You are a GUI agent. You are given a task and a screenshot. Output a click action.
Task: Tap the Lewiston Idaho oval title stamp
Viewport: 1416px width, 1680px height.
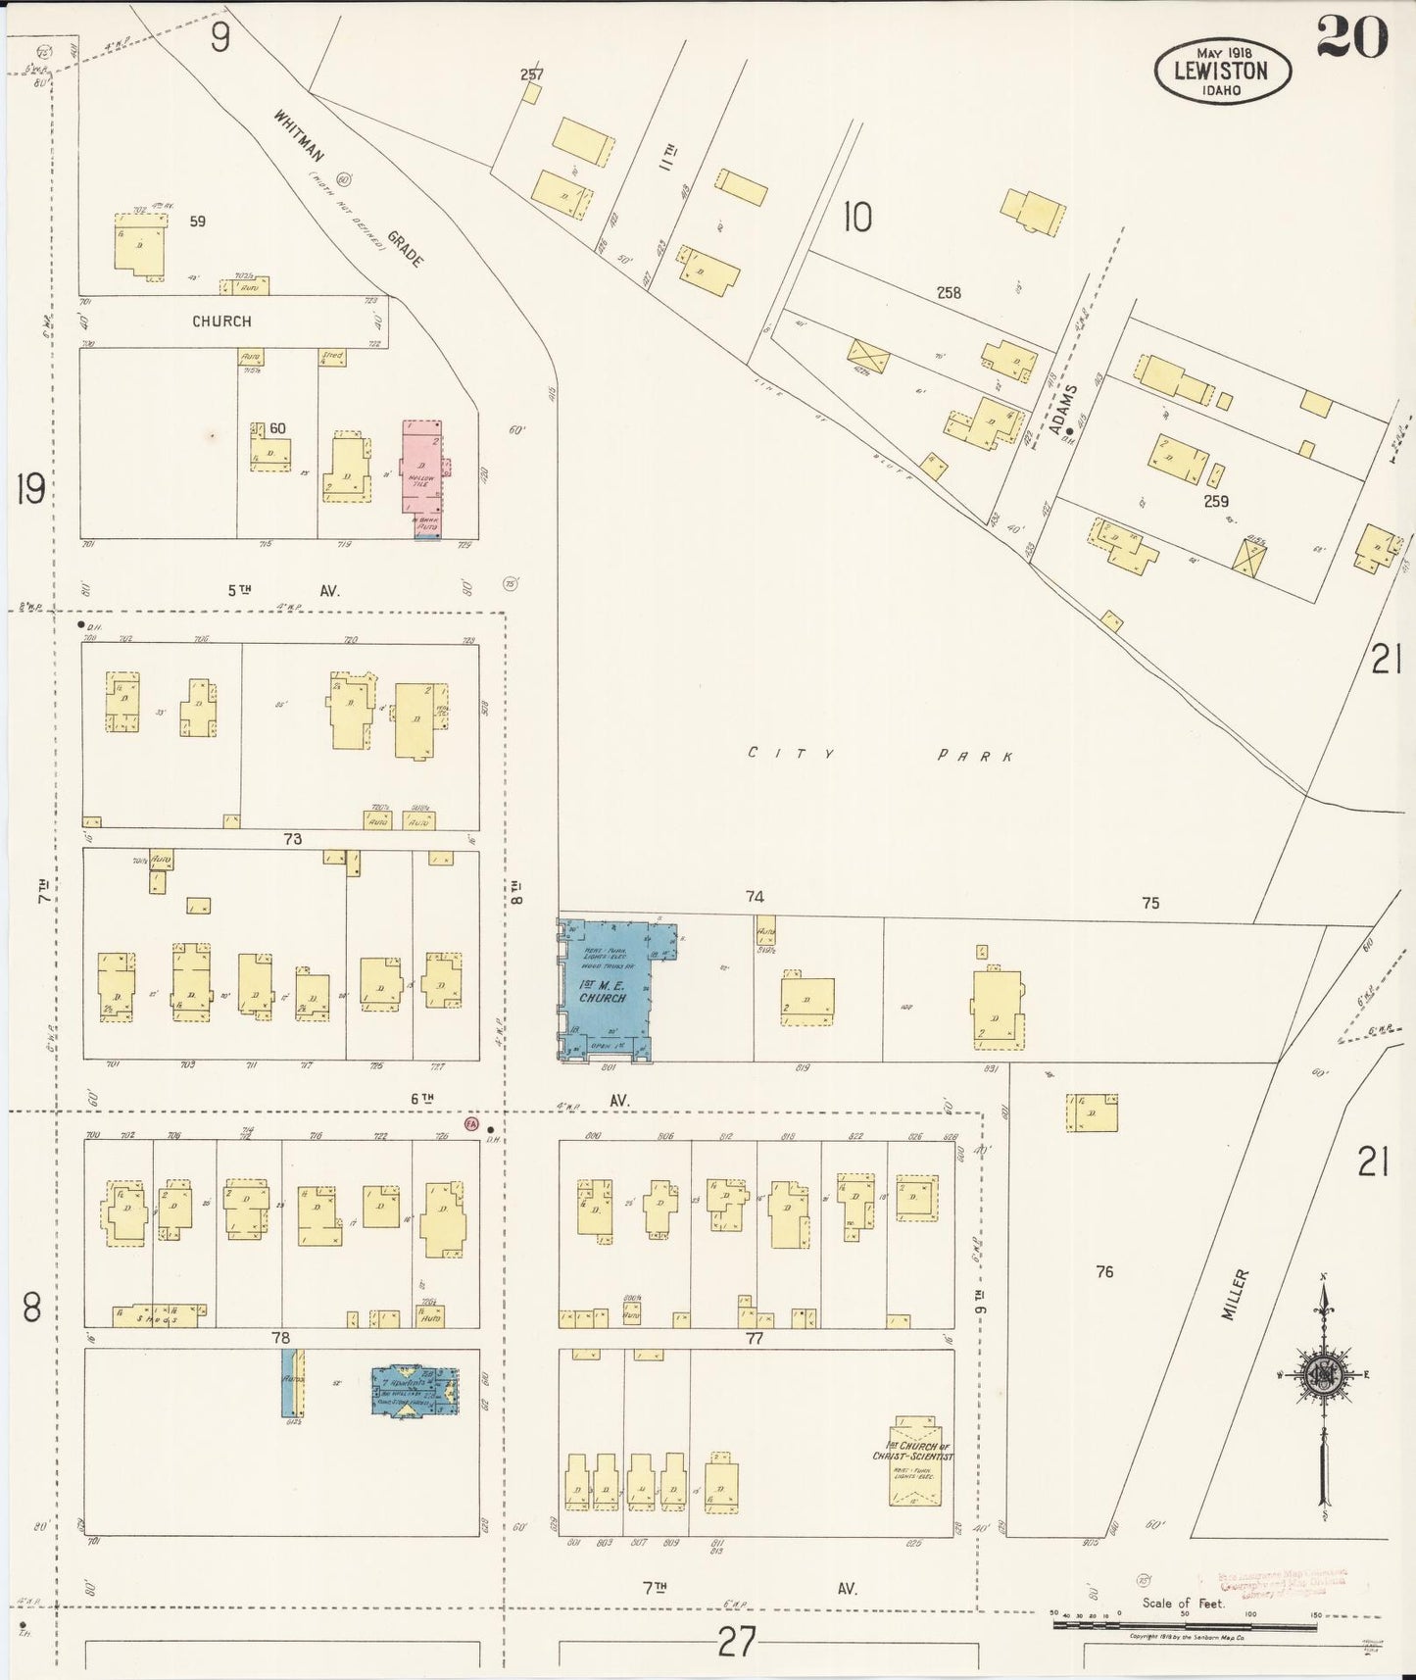click(x=1222, y=71)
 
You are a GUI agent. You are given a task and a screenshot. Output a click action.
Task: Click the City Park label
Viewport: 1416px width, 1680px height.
click(x=879, y=755)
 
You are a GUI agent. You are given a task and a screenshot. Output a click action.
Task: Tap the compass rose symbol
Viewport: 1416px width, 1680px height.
click(x=1323, y=1375)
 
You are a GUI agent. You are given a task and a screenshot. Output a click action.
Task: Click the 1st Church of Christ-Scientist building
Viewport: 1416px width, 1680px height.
click(x=914, y=1463)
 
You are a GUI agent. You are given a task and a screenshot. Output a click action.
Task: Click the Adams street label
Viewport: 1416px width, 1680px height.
click(x=1061, y=409)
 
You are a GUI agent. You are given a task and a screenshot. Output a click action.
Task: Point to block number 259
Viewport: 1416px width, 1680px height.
click(x=1215, y=501)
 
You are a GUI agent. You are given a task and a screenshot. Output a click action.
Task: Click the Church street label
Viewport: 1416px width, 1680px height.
click(x=221, y=321)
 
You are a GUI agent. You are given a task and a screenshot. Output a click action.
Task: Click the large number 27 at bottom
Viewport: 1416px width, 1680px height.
click(x=735, y=1641)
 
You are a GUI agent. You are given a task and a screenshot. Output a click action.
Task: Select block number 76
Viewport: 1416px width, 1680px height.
click(x=1104, y=1271)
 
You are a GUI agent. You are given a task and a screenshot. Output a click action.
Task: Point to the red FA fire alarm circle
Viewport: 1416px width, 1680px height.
click(x=471, y=1124)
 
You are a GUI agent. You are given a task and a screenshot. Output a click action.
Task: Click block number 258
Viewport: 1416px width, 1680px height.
click(x=948, y=292)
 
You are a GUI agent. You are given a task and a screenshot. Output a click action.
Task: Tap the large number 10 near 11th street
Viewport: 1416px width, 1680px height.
click(x=856, y=218)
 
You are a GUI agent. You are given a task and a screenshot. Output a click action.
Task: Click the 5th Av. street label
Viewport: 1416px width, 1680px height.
click(x=283, y=590)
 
